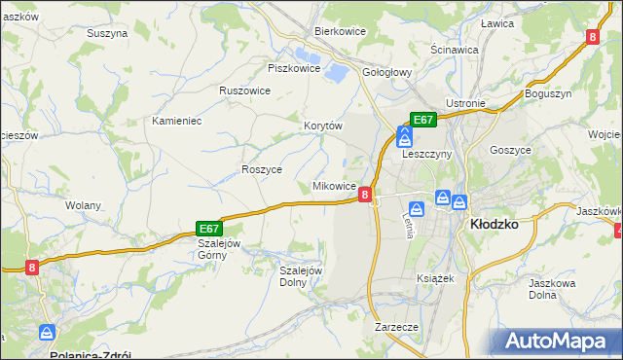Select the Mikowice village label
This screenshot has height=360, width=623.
(x=333, y=185)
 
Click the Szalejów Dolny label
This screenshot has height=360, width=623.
(x=301, y=276)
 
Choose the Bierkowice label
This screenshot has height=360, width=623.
(x=340, y=31)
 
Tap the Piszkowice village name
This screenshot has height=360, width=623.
(x=294, y=68)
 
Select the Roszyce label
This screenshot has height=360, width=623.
(x=261, y=168)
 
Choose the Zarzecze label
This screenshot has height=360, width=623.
(x=396, y=327)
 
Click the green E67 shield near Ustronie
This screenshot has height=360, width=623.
(x=422, y=119)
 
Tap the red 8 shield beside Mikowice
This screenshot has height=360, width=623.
(x=364, y=195)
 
